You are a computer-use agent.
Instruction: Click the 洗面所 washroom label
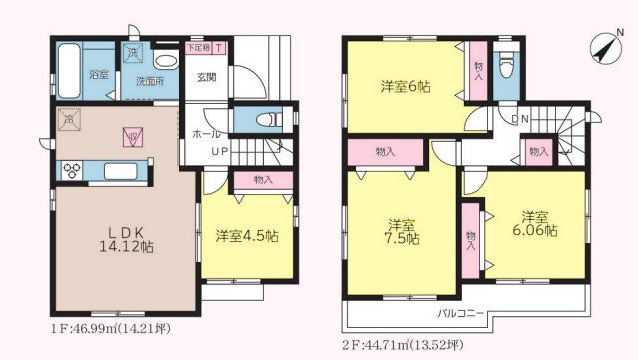(150, 82)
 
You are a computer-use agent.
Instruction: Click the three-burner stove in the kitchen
(74, 170)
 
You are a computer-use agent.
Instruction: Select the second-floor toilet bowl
(507, 68)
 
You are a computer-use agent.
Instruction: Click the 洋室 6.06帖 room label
(535, 223)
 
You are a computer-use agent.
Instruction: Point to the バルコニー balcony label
(460, 314)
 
